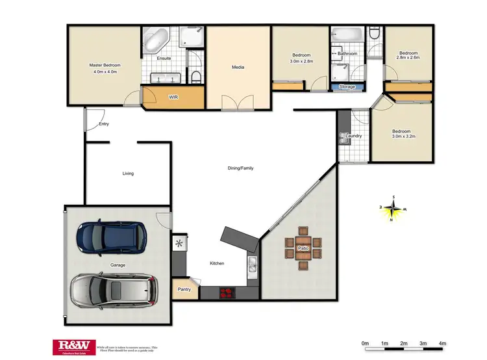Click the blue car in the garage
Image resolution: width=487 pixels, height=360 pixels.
pos(111,238)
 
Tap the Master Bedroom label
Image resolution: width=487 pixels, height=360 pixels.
pos(105,65)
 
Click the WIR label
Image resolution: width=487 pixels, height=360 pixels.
pos(173,97)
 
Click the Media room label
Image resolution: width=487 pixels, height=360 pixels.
pos(238,67)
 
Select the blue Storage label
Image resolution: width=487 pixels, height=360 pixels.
pos(347,86)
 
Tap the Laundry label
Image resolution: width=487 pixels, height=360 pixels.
pos(354,136)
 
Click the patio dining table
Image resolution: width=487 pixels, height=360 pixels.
pos(302,248)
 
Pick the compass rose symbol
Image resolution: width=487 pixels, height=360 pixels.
pos(392,208)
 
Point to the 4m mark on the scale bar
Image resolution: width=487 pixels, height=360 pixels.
pos(442,342)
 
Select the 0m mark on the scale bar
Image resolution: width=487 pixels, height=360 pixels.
pos(365,342)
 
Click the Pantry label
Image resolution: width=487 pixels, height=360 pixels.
pos(184,290)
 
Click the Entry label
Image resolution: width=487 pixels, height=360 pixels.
pos(104,123)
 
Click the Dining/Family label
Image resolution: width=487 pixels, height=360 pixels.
pos(240,168)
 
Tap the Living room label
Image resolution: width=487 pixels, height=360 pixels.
pos(128,174)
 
